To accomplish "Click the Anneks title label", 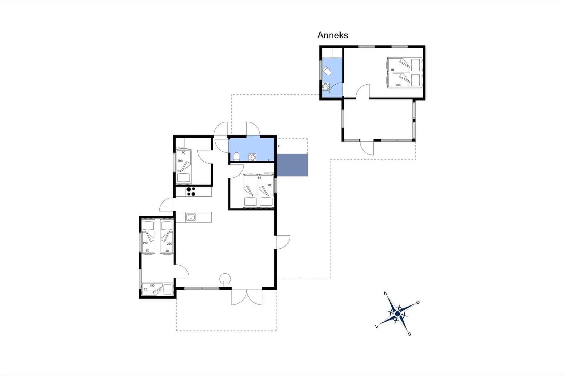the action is coord(333,35).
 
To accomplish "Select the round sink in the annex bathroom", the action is coord(326,86).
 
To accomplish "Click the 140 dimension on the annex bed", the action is coord(391,70).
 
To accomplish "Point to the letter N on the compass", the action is coord(386,293).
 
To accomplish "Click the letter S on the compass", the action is coord(409,334).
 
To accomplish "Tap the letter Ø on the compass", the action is coord(418,302).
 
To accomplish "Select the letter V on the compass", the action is coord(377,326).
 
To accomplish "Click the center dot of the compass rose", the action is coord(398,314).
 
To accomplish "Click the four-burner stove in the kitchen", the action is coord(191,192).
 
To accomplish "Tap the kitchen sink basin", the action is coord(191,217).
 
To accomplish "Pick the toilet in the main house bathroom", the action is coord(237,157).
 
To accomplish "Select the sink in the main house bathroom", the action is coord(252,157).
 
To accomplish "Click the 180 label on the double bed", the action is coord(259,178).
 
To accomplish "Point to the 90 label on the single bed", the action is coord(184,153).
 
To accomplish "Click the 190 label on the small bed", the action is coord(152,286).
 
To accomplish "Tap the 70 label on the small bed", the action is coord(145,289).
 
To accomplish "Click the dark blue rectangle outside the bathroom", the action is coord(292,165).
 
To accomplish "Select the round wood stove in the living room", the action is coord(225,279).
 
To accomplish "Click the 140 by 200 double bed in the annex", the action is coord(404,73).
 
